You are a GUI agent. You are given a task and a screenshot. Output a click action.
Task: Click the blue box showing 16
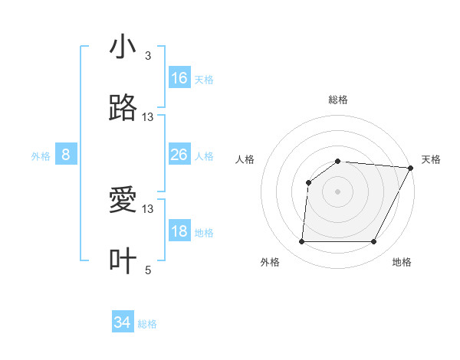pos(179,78)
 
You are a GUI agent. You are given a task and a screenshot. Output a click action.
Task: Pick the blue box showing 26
pos(179,155)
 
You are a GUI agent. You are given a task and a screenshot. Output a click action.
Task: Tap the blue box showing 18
pos(179,231)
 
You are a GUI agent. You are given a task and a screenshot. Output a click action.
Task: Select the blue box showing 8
pos(66,155)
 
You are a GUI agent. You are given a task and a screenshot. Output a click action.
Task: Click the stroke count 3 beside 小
pos(147,56)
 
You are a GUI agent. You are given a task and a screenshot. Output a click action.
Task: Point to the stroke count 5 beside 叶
pos(147,270)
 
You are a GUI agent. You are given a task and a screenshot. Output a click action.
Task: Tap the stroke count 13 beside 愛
pos(148,208)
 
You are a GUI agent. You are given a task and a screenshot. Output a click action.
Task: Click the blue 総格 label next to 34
pos(147,324)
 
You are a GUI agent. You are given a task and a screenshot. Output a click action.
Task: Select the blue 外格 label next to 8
pos(41,156)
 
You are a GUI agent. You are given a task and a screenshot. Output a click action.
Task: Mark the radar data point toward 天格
pos(411,168)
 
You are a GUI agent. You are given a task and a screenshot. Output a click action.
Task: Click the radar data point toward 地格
pos(374,242)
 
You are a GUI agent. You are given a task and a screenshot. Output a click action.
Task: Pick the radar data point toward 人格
pos(309,182)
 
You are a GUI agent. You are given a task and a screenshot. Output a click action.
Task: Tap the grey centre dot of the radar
pos(337,191)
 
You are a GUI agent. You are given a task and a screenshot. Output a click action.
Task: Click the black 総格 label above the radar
pos(337,100)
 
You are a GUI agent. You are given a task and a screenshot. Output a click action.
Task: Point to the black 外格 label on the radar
pos(270,262)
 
